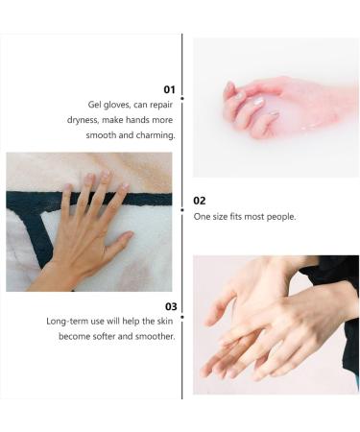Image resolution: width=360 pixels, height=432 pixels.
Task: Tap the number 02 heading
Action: pyautogui.click(x=199, y=201)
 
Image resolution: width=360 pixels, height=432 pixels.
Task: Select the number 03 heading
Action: pyautogui.click(x=170, y=306)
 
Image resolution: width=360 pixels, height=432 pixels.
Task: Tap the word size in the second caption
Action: pyautogui.click(x=219, y=217)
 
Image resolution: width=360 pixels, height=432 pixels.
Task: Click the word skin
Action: pyautogui.click(x=163, y=321)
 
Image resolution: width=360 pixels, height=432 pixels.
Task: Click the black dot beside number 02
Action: pyautogui.click(x=182, y=208)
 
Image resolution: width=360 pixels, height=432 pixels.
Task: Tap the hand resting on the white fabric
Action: pyautogui.click(x=86, y=230)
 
